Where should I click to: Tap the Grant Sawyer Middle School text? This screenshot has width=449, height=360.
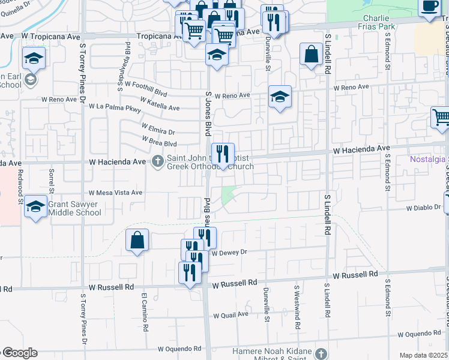click(74, 208)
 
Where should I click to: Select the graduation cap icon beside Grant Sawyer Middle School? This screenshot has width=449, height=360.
click(36, 207)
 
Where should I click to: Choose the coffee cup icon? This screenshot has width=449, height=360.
click(429, 6)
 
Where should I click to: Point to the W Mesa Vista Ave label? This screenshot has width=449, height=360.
click(115, 193)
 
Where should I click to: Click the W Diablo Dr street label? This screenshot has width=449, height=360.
click(423, 208)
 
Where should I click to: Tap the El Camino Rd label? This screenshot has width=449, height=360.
click(144, 312)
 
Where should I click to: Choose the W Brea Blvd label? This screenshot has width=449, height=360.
click(159, 142)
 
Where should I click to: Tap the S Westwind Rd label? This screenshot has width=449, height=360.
click(297, 307)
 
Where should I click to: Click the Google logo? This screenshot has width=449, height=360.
click(19, 353)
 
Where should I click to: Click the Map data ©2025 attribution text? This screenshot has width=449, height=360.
click(423, 355)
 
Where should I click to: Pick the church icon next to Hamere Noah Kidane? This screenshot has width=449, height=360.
click(321, 354)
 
